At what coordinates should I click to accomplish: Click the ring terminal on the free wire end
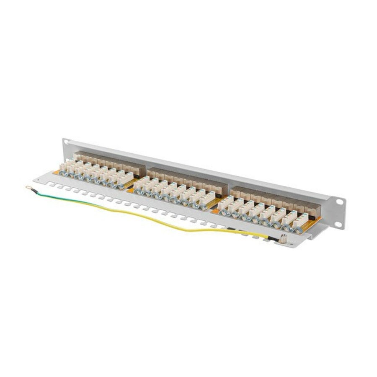click(x=28, y=188)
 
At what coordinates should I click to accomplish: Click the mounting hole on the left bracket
click(x=66, y=142)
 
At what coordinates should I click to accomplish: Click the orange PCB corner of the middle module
click(x=131, y=191)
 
